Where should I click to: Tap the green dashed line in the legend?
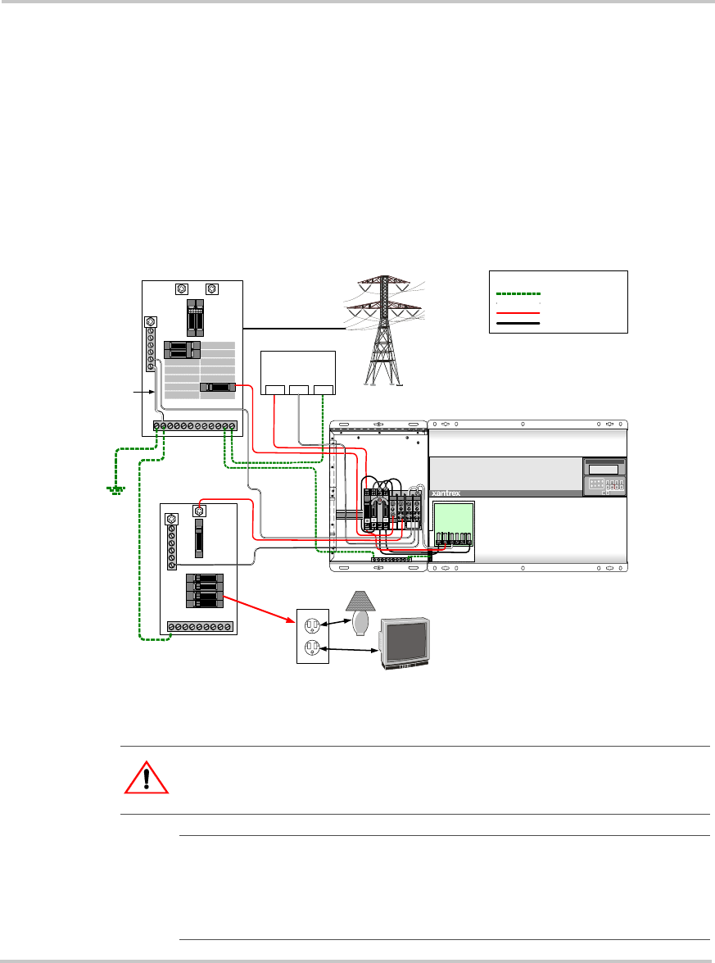[x=518, y=293]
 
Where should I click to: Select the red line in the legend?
[x=518, y=312]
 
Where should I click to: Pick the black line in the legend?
[x=518, y=324]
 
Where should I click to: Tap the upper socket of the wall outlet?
[x=312, y=625]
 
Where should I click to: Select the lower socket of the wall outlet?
[x=312, y=648]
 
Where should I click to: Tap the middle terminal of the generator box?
[x=298, y=388]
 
